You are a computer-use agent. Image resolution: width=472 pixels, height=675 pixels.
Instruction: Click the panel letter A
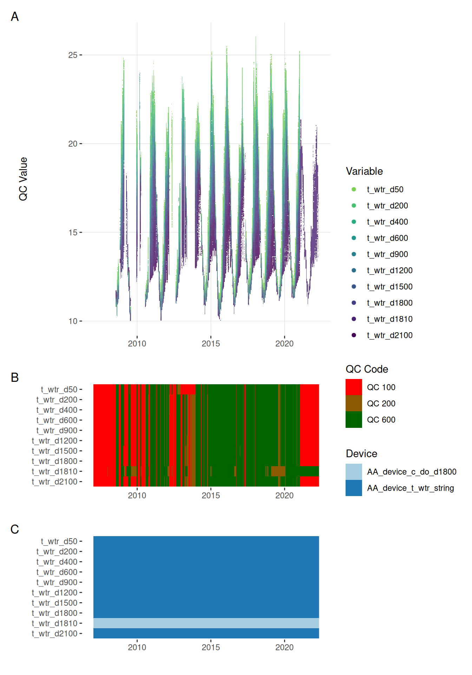(x=15, y=17)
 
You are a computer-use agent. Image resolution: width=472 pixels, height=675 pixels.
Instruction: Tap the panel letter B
(x=15, y=377)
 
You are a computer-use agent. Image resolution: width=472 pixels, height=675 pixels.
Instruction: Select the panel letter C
(x=15, y=529)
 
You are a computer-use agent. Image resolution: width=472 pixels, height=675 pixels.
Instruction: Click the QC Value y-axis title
(x=23, y=179)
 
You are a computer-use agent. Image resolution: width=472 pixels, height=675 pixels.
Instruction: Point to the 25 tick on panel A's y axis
(x=73, y=55)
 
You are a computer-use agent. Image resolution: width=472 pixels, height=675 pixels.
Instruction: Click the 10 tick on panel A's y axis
(x=73, y=321)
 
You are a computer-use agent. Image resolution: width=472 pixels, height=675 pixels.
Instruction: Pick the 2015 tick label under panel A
(x=211, y=343)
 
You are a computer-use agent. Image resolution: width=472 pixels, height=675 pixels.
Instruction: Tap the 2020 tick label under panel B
(x=284, y=495)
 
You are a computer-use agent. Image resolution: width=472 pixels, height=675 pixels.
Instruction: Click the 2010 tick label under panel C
(x=137, y=647)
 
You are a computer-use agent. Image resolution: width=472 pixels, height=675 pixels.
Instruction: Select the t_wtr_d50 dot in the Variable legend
(x=354, y=189)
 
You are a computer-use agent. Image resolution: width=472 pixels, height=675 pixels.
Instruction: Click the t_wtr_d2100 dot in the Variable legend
(x=354, y=335)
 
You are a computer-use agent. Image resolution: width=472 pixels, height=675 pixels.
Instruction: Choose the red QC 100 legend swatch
(x=354, y=387)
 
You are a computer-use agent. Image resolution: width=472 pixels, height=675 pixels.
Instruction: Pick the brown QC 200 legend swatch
(x=354, y=403)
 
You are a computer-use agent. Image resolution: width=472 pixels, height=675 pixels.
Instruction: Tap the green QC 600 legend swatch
(x=354, y=419)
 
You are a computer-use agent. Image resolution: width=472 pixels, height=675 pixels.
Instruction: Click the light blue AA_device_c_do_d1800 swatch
(x=354, y=472)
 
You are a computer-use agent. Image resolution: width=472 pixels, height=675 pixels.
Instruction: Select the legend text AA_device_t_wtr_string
(x=410, y=488)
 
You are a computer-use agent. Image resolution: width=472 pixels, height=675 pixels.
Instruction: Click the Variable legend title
(x=364, y=171)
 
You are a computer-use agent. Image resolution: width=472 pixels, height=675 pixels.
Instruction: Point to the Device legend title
(x=361, y=454)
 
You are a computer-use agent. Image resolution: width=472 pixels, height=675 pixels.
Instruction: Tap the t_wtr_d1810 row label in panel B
(x=54, y=471)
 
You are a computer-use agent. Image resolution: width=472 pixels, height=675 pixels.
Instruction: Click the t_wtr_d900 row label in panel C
(x=57, y=583)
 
